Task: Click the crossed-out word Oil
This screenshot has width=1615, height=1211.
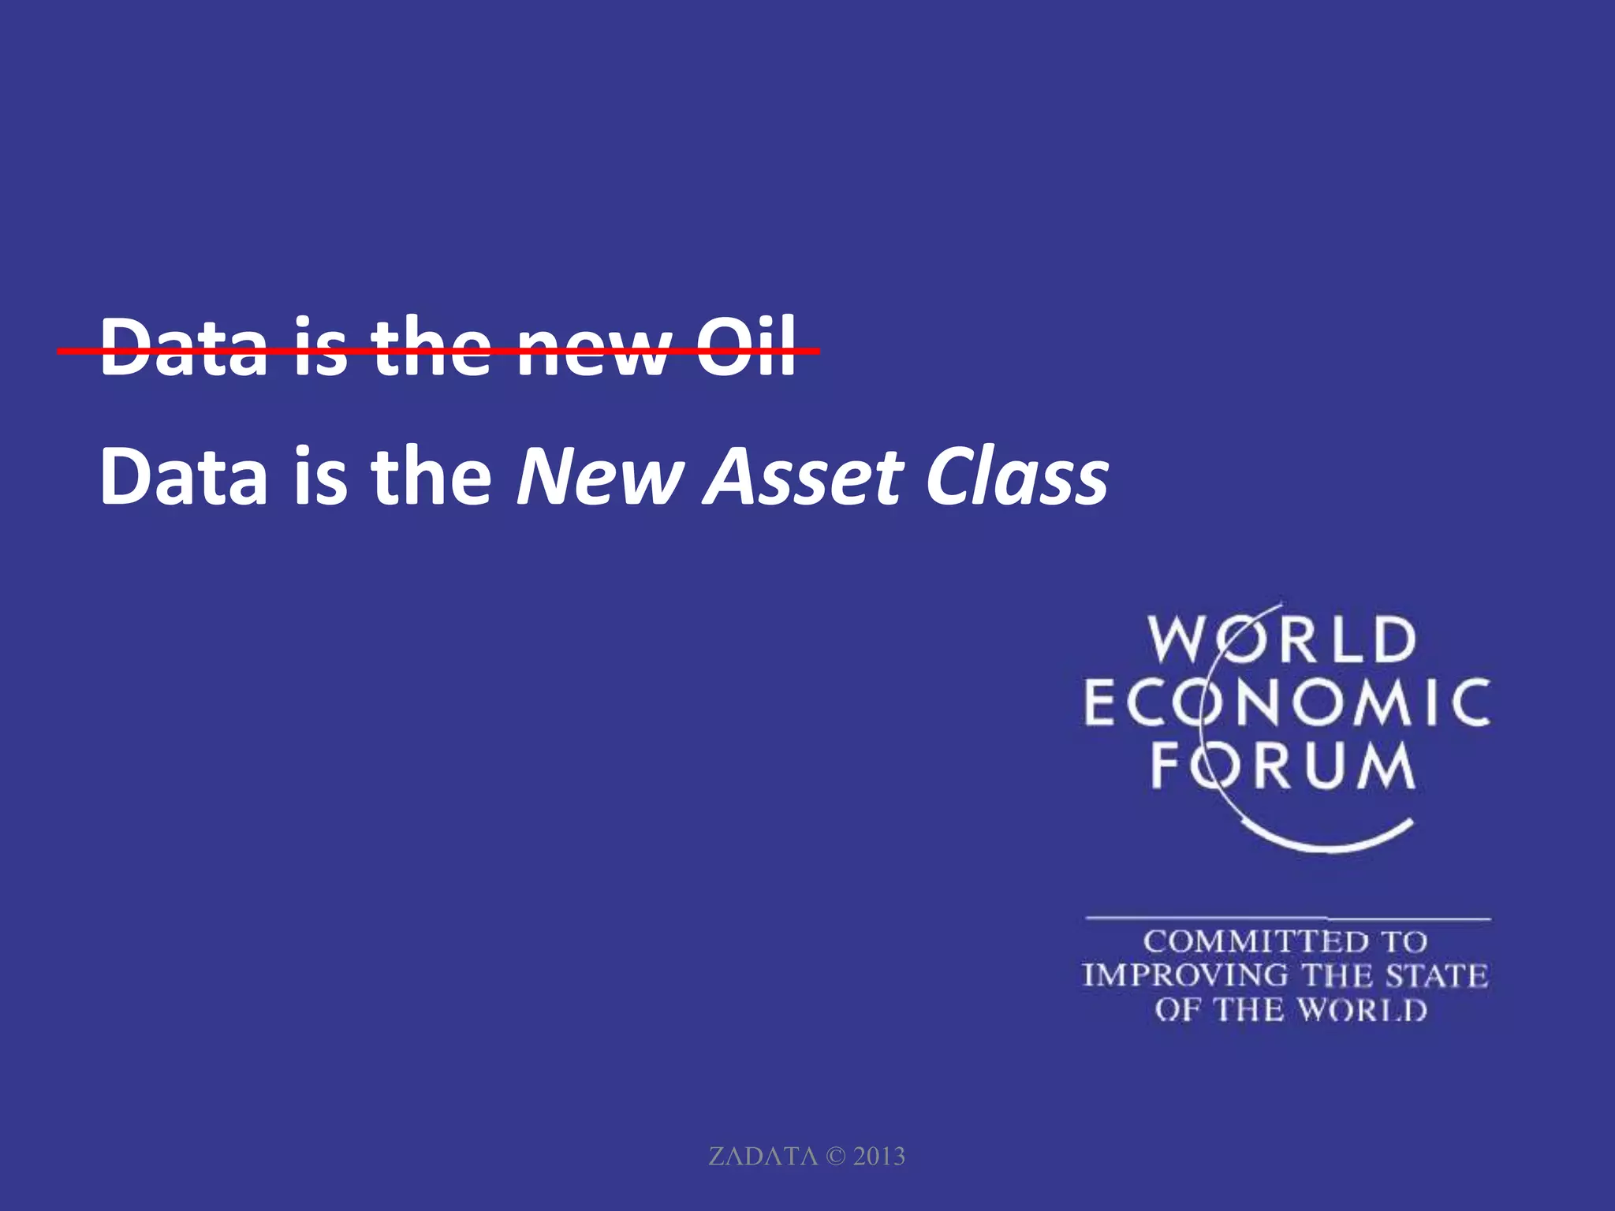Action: coord(745,347)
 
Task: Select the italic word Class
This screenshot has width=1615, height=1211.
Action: coord(1017,477)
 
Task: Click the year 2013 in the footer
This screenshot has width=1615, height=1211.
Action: coord(878,1157)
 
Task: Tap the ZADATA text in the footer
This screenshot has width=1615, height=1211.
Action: coord(763,1157)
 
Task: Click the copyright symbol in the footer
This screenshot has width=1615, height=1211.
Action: coord(835,1157)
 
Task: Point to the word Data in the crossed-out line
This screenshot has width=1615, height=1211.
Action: coord(184,347)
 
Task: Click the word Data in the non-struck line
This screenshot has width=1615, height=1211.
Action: coord(184,477)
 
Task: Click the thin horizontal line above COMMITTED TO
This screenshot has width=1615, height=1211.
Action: coord(1287,918)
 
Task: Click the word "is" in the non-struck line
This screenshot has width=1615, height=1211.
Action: coord(320,477)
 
